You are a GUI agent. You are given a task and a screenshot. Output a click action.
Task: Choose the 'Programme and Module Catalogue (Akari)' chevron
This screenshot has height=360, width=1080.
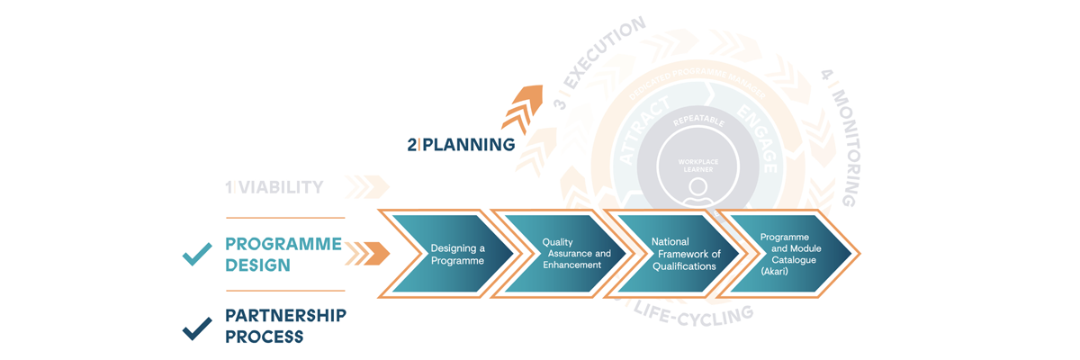click(x=783, y=254)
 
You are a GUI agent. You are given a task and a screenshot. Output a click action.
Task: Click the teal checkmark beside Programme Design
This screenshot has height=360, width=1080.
click(x=197, y=255)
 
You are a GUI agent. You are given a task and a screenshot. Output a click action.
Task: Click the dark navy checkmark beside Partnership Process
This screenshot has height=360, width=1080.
click(x=197, y=328)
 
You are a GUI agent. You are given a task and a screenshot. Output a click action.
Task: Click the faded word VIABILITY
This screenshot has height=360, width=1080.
click(x=279, y=187)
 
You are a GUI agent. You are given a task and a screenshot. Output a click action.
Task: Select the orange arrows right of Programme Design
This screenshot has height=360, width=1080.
click(x=367, y=254)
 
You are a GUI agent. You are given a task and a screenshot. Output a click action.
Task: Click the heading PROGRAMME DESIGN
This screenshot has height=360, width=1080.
click(x=283, y=255)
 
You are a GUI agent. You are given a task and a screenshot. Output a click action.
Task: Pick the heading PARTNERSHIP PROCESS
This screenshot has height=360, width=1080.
click(x=284, y=326)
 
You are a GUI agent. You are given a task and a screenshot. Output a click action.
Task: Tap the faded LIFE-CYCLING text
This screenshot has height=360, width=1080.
click(x=693, y=314)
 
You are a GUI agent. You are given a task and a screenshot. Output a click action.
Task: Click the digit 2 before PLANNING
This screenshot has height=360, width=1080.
click(x=411, y=144)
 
